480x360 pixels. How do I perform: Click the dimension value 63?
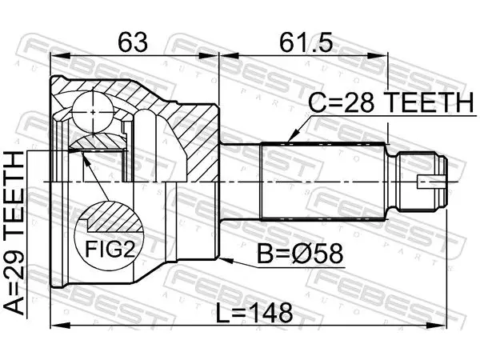point(133,42)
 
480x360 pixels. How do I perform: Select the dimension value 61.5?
point(306,42)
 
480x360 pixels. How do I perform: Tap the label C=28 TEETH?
point(391,102)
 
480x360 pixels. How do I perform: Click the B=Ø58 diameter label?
point(300,254)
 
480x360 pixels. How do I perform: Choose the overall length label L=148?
point(254,313)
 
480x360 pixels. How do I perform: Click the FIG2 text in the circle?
point(110,249)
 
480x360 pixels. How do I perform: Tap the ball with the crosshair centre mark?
point(93,112)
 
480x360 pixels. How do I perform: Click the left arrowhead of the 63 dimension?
point(61,56)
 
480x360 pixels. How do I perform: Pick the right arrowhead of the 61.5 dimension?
point(377,56)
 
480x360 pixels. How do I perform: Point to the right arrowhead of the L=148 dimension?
point(437,326)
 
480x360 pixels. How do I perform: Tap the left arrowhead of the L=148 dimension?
point(61,326)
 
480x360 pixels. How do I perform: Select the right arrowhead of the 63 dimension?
point(209,56)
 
